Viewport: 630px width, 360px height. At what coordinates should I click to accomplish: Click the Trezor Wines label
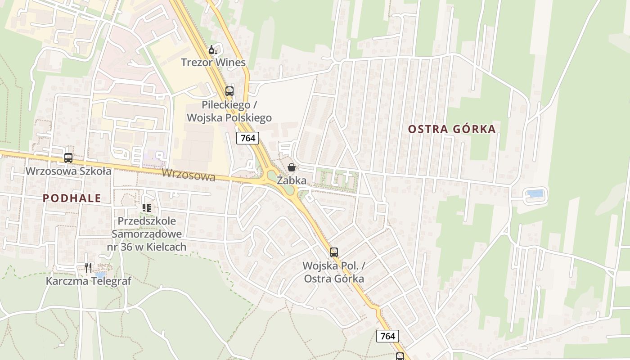click(x=213, y=62)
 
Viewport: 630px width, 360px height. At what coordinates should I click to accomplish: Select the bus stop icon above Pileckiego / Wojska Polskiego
click(x=229, y=91)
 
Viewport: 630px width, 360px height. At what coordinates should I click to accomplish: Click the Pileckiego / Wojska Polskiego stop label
click(x=229, y=112)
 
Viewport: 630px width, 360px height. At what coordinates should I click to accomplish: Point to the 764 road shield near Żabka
click(x=248, y=138)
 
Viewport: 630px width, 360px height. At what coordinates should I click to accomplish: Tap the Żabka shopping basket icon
click(x=292, y=168)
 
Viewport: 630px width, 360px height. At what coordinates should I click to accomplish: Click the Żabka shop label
click(x=292, y=180)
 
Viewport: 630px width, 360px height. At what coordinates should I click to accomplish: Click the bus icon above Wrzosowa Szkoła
click(x=68, y=158)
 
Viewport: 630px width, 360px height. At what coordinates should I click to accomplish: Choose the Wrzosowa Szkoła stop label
click(x=68, y=171)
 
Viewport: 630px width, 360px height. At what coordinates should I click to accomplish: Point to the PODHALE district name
click(x=72, y=198)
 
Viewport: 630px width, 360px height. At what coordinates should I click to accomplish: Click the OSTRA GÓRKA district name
click(x=452, y=130)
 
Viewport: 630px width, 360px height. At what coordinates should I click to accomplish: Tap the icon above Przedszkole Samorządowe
click(x=146, y=208)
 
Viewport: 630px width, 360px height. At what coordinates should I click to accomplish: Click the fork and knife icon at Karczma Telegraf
click(x=88, y=268)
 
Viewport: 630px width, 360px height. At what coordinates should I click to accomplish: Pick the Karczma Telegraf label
click(x=89, y=281)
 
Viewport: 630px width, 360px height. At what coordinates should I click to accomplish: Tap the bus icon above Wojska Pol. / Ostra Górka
click(x=333, y=252)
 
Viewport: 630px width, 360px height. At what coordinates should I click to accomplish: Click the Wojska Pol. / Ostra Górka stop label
click(x=334, y=272)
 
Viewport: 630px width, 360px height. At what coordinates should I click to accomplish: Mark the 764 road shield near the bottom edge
click(x=387, y=336)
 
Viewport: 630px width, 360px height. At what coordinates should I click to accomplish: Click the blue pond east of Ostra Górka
click(x=535, y=194)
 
